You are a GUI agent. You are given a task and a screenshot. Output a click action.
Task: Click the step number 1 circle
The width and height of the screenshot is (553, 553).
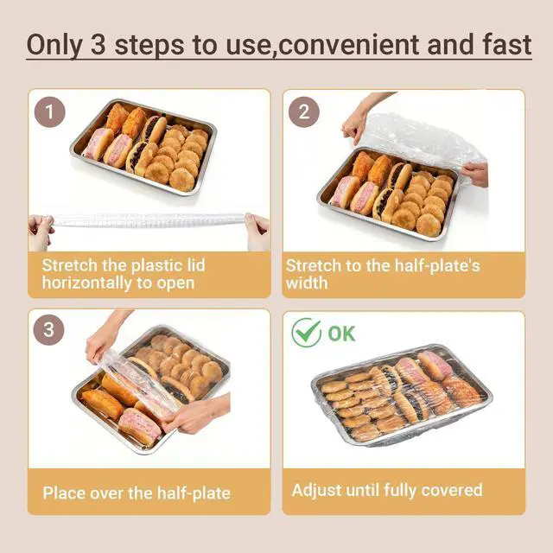coord(50,111)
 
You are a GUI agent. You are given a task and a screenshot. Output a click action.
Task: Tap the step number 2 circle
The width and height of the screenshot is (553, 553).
coord(304,111)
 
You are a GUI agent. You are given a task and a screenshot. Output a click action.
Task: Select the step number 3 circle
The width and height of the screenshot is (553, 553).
coord(48,330)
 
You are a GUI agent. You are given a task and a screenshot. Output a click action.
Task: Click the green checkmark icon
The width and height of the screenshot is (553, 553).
coord(306,332)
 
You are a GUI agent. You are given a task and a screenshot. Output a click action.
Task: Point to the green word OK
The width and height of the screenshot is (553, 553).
coord(341,334)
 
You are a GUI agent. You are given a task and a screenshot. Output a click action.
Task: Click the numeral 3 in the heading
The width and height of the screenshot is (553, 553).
coord(98,45)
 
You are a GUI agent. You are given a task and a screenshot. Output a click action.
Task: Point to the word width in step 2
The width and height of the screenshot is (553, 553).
coord(307,283)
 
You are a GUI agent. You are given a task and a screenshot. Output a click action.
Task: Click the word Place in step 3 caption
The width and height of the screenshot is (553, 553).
coord(63,493)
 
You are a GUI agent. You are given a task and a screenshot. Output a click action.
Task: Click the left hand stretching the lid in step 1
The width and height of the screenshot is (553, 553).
coord(41,232)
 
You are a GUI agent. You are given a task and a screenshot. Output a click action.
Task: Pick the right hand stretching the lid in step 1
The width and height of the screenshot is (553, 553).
coord(257,231)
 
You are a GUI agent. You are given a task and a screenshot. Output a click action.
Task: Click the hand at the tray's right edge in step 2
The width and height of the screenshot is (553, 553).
coord(474,175)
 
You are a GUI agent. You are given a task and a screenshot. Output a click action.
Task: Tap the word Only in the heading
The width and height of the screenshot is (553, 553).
coord(54,46)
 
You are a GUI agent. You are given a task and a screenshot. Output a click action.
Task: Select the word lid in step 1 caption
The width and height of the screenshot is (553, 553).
coord(196,265)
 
